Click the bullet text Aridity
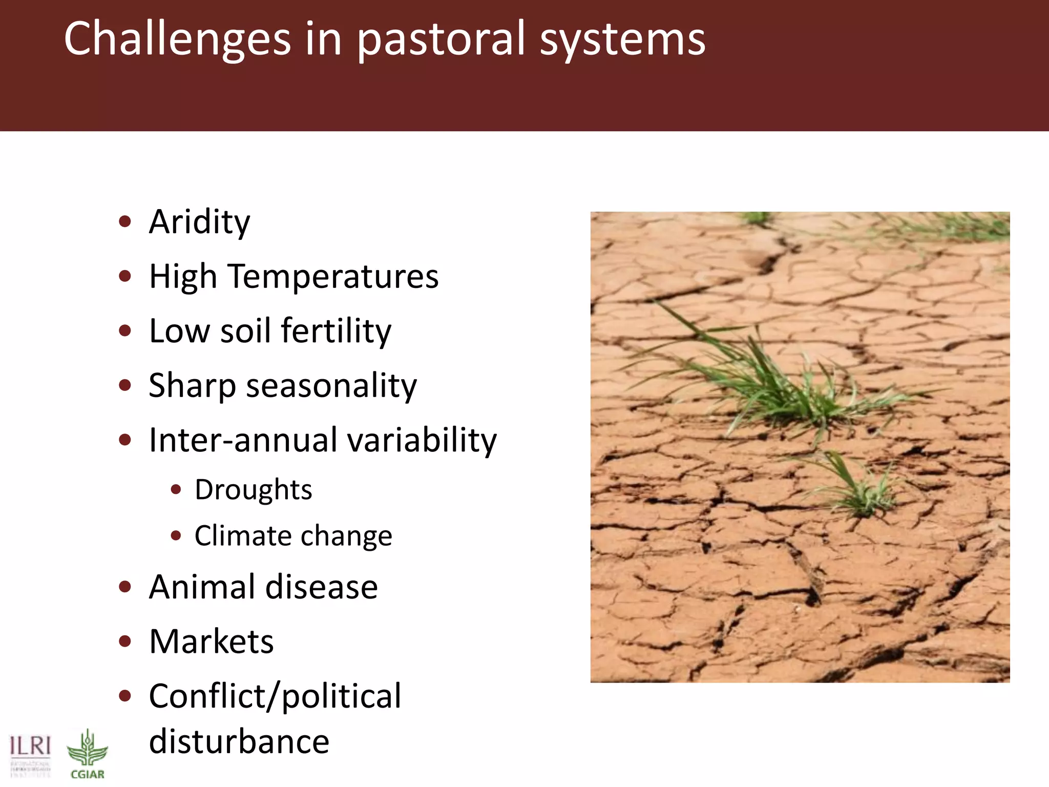pyautogui.click(x=199, y=222)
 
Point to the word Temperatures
pyautogui.click(x=333, y=277)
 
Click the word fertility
pyautogui.click(x=336, y=331)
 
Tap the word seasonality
pyautogui.click(x=331, y=385)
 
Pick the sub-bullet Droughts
pyautogui.click(x=253, y=490)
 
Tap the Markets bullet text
pyautogui.click(x=211, y=641)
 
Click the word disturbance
pyautogui.click(x=239, y=741)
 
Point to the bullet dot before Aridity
pyautogui.click(x=124, y=222)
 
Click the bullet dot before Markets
pyautogui.click(x=124, y=641)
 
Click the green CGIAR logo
pyautogui.click(x=87, y=753)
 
